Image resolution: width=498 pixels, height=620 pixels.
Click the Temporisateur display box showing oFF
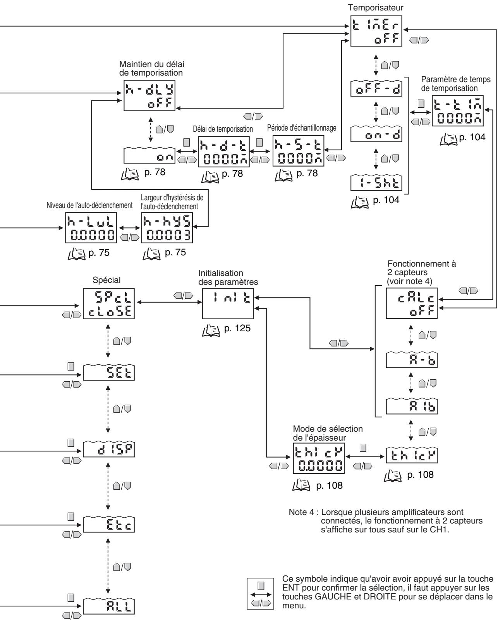(x=376, y=31)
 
